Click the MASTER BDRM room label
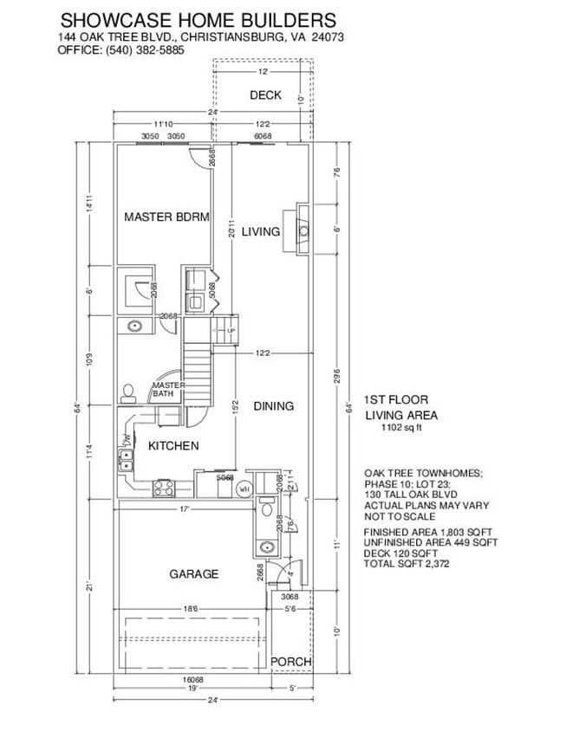166,217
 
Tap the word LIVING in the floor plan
260,231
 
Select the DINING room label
273,405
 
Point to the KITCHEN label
173,446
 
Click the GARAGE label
193,573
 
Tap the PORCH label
291,662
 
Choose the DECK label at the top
265,95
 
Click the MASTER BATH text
165,390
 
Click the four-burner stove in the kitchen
165,488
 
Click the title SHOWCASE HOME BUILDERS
198,18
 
